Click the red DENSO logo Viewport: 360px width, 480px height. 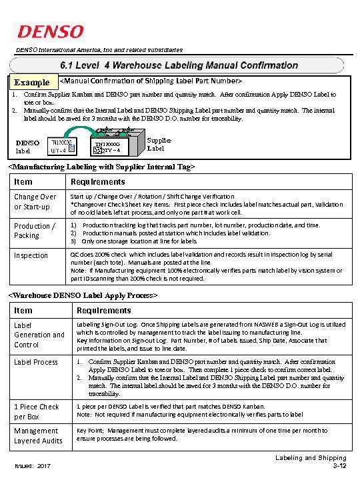pyautogui.click(x=50, y=31)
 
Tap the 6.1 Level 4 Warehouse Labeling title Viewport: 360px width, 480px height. pyautogui.click(x=179, y=65)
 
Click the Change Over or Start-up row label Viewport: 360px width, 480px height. pyautogui.click(x=35, y=201)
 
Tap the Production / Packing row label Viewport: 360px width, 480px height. pyautogui.click(x=35, y=231)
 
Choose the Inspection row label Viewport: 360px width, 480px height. pyautogui.click(x=31, y=255)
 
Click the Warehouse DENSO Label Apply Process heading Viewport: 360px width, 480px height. pyautogui.click(x=83, y=294)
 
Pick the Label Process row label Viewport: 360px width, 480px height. pyautogui.click(x=36, y=362)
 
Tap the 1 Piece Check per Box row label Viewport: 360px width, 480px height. pyautogui.click(x=37, y=411)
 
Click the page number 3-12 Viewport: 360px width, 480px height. pyautogui.click(x=337, y=466)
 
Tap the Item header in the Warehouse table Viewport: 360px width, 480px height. pyautogui.click(x=23, y=310)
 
